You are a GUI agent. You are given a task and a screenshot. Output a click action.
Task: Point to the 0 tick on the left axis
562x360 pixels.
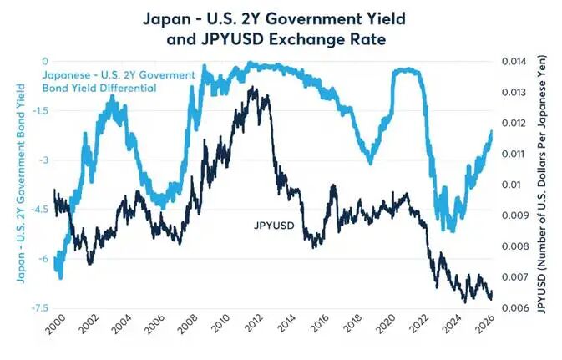pos(44,61)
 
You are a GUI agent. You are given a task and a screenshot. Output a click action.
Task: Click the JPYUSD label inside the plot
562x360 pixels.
pos(274,226)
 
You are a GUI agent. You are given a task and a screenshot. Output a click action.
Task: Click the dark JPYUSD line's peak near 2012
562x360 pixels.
pos(253,88)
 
